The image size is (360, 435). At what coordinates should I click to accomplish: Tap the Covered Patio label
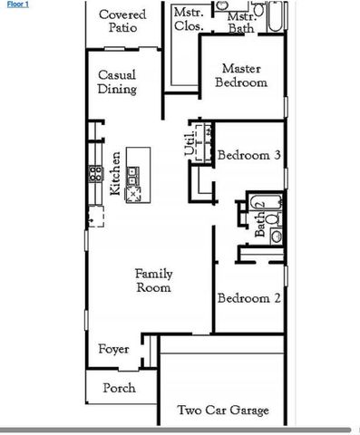pyautogui.click(x=122, y=21)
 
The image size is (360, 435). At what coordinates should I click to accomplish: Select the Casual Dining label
pyautogui.click(x=117, y=82)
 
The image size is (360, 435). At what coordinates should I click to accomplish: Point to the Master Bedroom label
pyautogui.click(x=243, y=75)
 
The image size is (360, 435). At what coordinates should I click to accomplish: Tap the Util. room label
pyautogui.click(x=190, y=145)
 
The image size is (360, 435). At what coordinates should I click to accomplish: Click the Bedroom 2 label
pyautogui.click(x=248, y=298)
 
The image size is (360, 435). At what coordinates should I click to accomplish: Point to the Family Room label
pyautogui.click(x=153, y=280)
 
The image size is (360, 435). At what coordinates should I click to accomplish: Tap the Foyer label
pyautogui.click(x=113, y=349)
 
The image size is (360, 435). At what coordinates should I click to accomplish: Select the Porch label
pyautogui.click(x=119, y=388)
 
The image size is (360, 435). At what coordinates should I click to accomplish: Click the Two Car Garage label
pyautogui.click(x=223, y=411)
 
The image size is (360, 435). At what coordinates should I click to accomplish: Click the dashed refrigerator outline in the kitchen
pyautogui.click(x=94, y=216)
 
